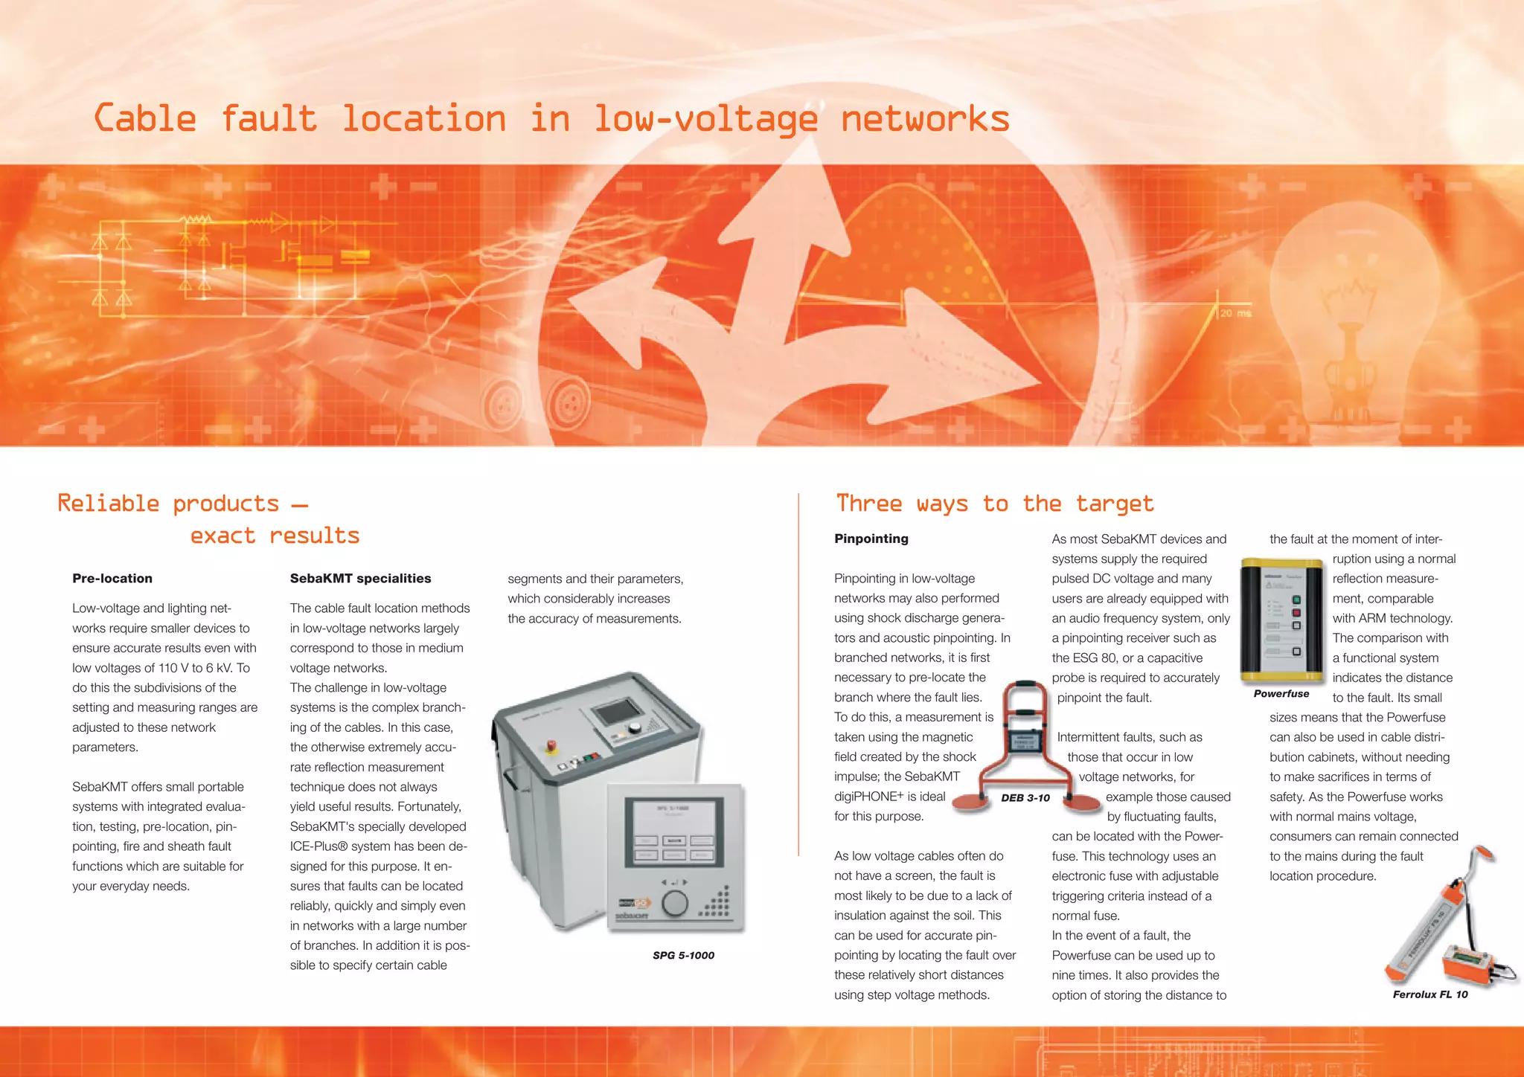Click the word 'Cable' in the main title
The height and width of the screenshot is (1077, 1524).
[145, 119]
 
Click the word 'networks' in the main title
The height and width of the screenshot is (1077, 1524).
[925, 119]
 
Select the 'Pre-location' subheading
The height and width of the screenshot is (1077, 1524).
[112, 578]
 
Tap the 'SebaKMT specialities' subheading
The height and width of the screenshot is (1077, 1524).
[360, 578]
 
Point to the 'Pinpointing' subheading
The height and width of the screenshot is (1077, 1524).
[871, 538]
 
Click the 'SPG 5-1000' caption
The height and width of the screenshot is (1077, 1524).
[683, 955]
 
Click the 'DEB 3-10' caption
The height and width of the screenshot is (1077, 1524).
[1025, 797]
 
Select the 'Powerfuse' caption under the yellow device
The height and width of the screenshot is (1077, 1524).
[1281, 693]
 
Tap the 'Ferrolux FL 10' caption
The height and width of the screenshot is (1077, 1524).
[1429, 994]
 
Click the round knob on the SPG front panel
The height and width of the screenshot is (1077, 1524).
[675, 903]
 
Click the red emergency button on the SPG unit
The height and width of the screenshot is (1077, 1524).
[552, 745]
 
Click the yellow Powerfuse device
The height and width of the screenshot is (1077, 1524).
[1281, 621]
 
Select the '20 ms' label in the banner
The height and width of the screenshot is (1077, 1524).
[1235, 313]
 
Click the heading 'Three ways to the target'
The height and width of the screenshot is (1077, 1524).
[994, 504]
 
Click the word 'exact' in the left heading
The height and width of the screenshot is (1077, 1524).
[222, 536]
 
